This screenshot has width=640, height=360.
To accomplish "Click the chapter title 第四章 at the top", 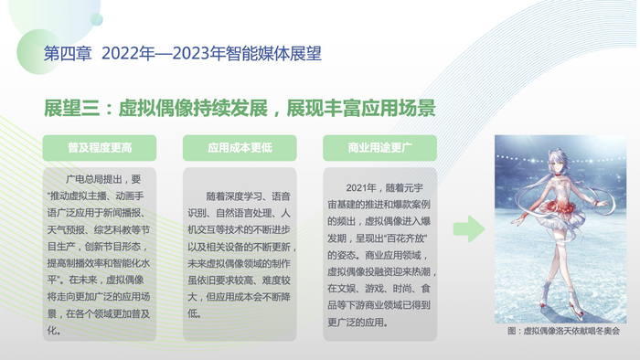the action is tap(68, 54).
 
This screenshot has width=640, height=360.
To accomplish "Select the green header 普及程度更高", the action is tap(100, 148).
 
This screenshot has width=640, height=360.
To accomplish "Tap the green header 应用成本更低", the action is tap(240, 148).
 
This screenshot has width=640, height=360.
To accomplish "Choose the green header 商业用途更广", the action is tap(379, 148).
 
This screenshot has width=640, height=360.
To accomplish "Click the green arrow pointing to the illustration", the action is tap(469, 228).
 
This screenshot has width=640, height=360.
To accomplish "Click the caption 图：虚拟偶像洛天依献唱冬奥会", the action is tap(563, 331).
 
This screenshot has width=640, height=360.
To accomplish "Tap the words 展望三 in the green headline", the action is tap(72, 109).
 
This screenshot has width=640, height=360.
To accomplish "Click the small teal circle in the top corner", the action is tap(96, 19).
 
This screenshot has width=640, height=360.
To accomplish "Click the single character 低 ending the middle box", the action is tap(192, 313).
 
